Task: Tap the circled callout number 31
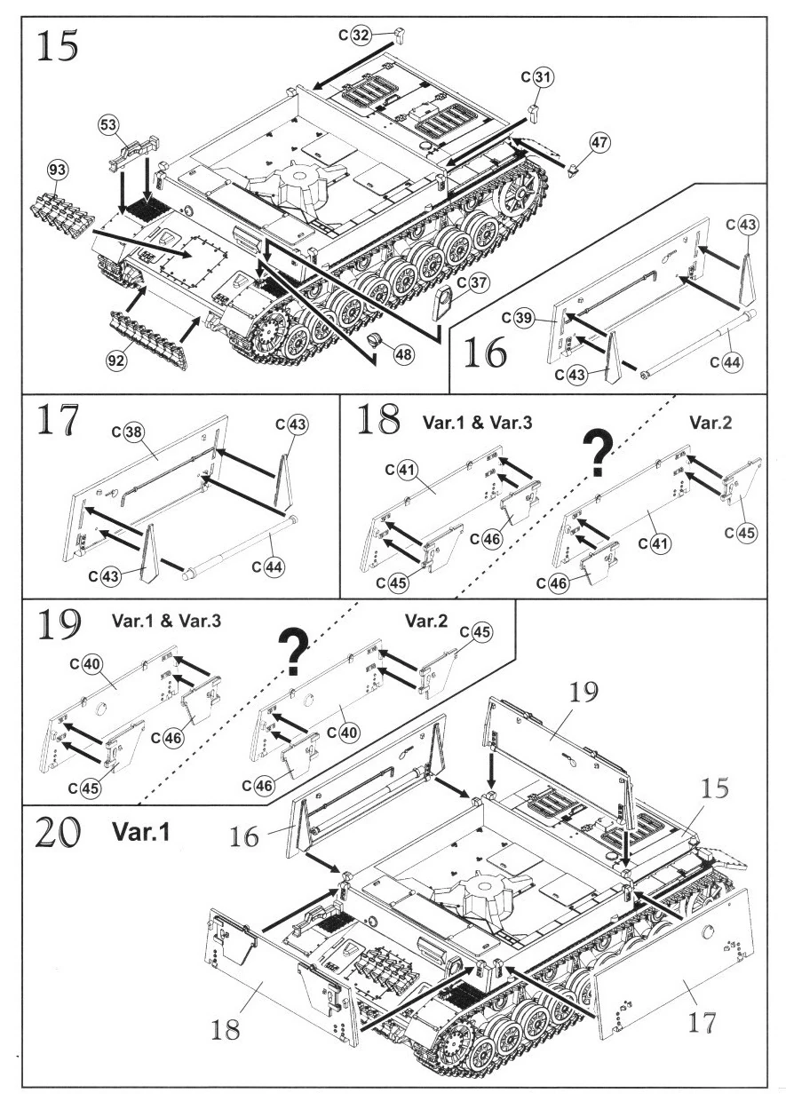point(543,78)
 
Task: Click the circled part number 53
point(109,125)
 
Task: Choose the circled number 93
point(58,169)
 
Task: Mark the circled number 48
point(404,353)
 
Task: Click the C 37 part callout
point(479,283)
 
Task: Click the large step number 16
point(484,352)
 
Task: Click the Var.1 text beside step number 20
point(141,833)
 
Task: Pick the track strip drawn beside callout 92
point(148,339)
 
